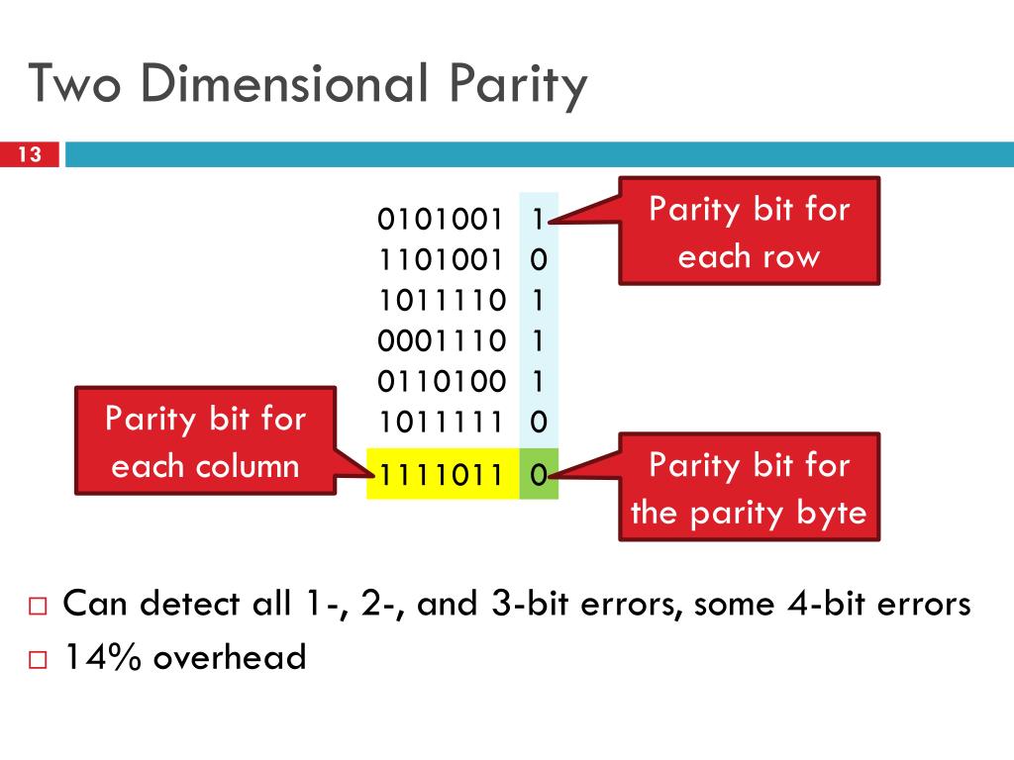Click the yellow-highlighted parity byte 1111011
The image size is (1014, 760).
pos(443,474)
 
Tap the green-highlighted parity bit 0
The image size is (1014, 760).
pos(538,474)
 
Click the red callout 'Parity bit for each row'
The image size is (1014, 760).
pos(749,232)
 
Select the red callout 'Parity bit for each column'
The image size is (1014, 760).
pos(206,441)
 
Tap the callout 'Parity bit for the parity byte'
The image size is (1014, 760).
pos(749,487)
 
